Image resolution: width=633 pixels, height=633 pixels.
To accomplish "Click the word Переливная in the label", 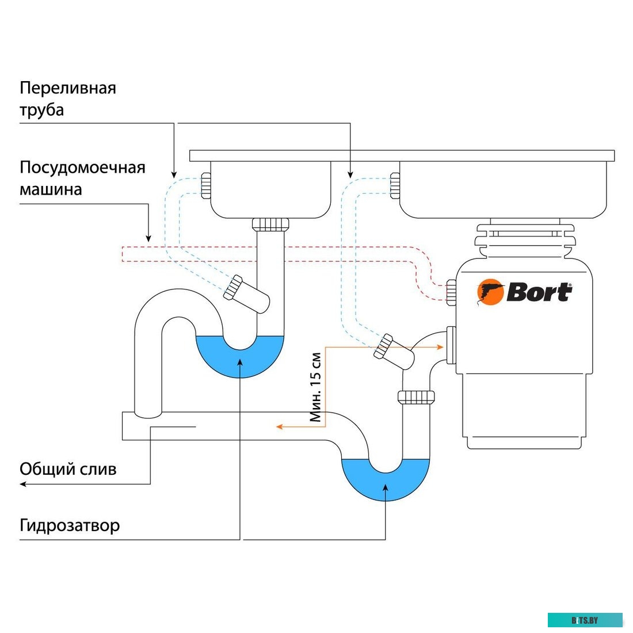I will [68, 88].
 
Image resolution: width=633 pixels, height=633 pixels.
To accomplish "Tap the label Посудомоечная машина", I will [82, 178].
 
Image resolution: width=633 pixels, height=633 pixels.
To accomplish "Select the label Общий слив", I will [68, 469].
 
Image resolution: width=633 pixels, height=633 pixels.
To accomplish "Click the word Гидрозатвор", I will [70, 525].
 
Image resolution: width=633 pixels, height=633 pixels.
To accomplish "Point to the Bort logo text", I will [539, 292].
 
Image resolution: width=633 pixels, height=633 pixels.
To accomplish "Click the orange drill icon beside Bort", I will [490, 291].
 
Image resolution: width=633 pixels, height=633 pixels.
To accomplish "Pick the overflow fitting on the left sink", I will [205, 185].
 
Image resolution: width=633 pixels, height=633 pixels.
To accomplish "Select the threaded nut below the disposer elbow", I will [415, 396].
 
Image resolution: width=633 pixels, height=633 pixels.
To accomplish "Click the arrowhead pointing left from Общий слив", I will [24, 484].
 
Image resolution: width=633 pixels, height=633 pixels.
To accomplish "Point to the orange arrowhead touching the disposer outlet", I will [440, 346].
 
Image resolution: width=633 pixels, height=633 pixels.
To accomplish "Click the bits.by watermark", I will [585, 620].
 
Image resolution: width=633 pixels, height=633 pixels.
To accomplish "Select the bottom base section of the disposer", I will [523, 440].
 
